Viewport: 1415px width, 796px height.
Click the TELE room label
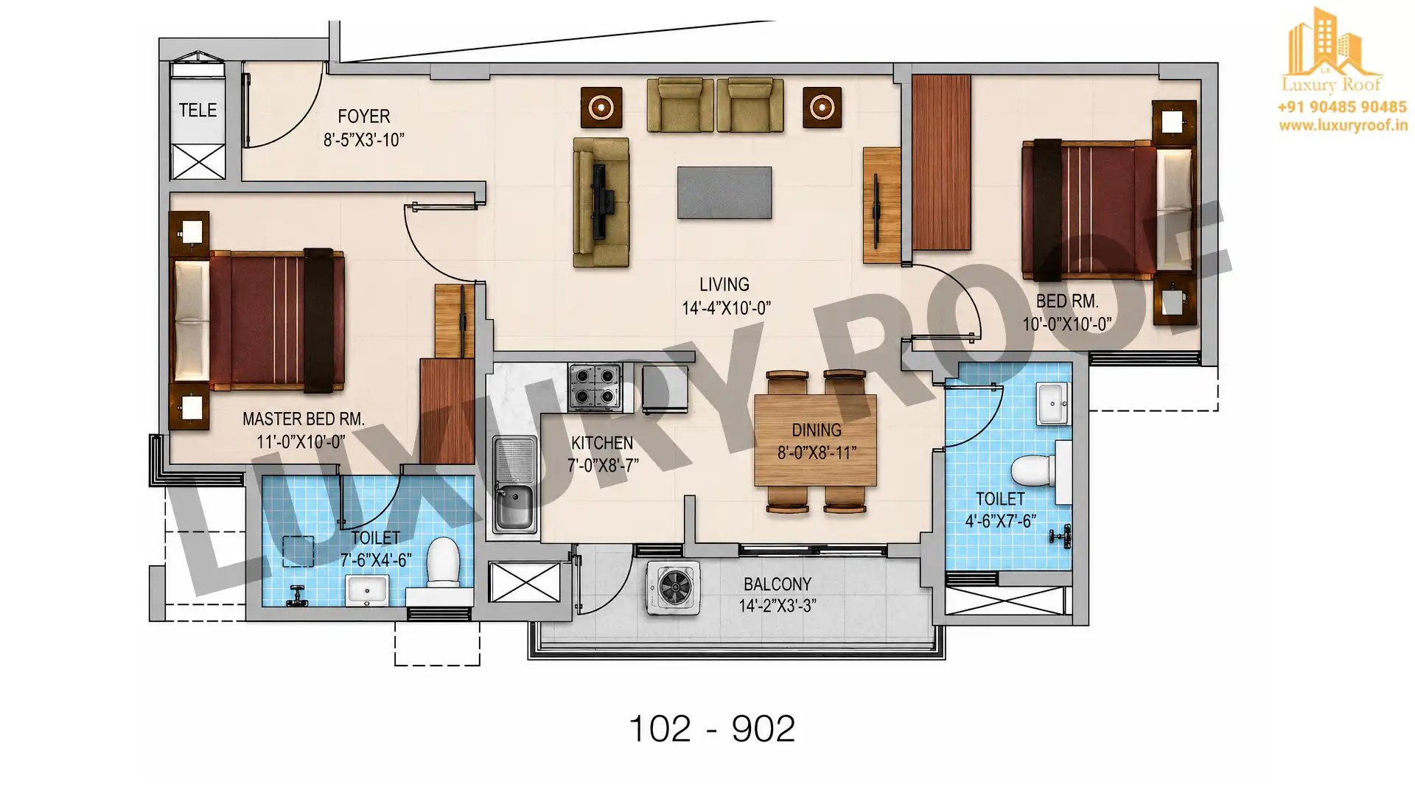click(198, 111)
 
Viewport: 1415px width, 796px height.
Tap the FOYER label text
click(363, 116)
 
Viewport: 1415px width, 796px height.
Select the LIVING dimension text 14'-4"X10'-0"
click(726, 308)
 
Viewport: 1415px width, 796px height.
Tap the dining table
click(815, 440)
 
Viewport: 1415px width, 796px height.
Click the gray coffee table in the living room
click(724, 192)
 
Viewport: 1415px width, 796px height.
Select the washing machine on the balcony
click(673, 588)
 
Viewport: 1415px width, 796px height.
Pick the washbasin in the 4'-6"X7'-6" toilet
click(1052, 404)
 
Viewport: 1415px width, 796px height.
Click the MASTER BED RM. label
click(304, 419)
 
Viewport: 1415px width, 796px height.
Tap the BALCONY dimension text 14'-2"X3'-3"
click(778, 606)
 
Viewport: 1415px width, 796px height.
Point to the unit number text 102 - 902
click(712, 729)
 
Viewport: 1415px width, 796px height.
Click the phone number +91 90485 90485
click(1342, 108)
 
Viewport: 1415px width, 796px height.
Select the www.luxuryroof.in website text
click(1343, 126)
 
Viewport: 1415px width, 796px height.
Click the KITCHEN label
click(602, 443)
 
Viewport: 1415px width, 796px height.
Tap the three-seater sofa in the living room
click(601, 202)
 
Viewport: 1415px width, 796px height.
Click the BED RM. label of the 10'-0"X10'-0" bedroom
click(1067, 301)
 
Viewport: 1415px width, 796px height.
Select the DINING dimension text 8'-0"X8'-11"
click(817, 453)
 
